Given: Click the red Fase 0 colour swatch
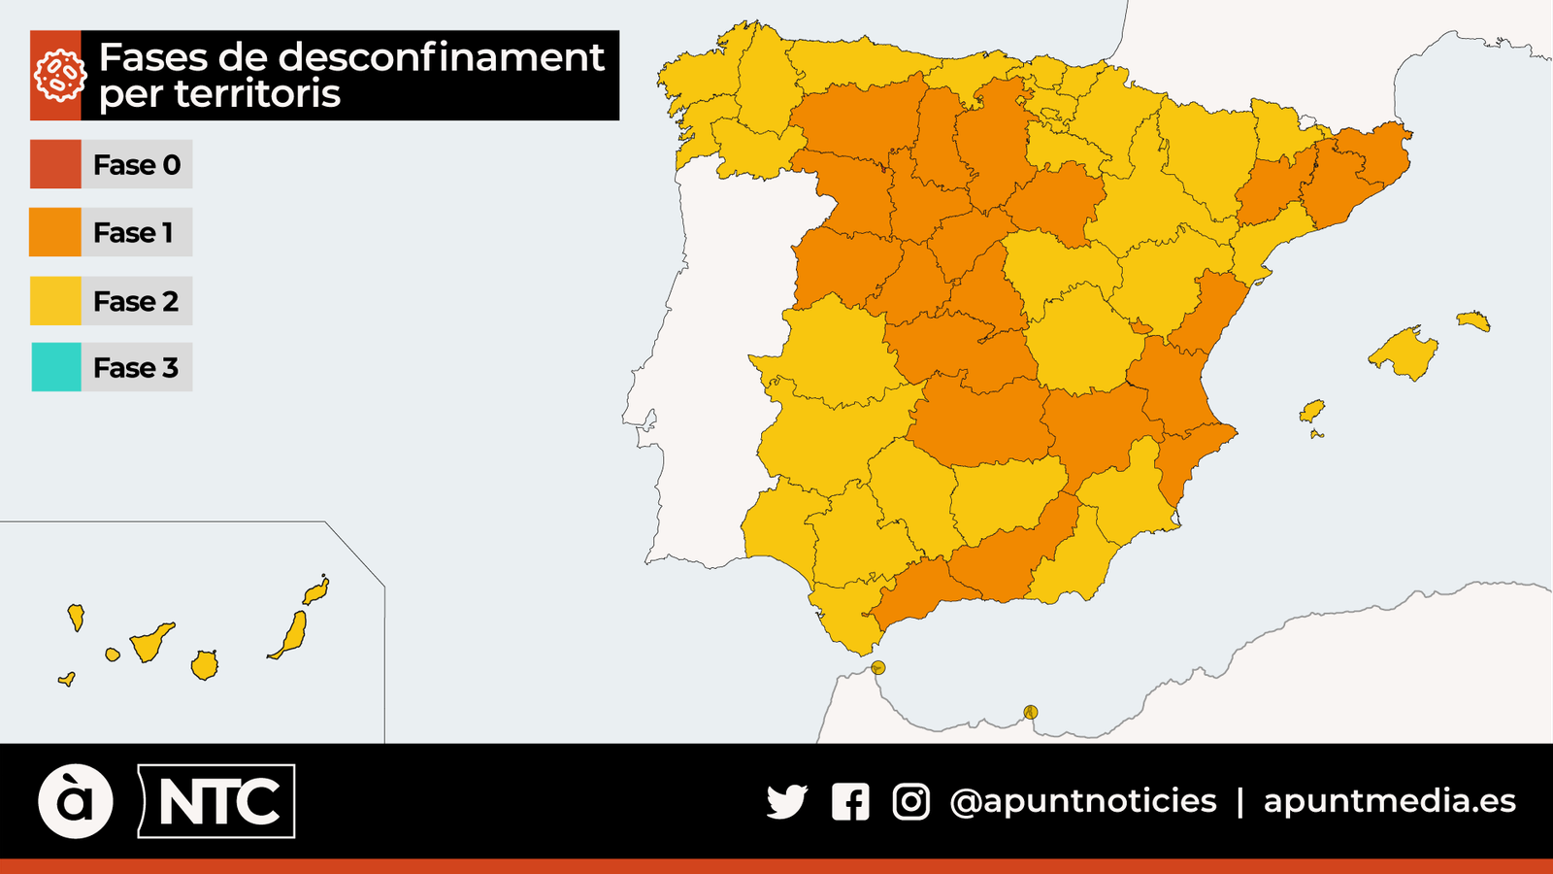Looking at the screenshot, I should [x=55, y=164].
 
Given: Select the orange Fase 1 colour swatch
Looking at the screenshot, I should [x=55, y=232].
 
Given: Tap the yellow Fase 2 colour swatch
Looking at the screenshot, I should [x=55, y=301].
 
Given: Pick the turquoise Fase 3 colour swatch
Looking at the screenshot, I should [x=55, y=367].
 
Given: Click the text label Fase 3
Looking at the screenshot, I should [x=136, y=368].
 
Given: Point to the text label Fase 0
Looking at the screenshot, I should [x=137, y=165].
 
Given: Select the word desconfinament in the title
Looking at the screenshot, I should [x=441, y=57].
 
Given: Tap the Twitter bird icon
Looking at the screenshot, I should [x=786, y=801].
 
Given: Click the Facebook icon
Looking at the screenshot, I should [x=850, y=802].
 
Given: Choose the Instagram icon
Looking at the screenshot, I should [x=910, y=801].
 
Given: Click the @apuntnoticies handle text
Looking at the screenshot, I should [x=1083, y=801].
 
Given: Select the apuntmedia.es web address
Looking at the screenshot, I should [x=1389, y=801].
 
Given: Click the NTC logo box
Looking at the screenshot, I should [x=217, y=801].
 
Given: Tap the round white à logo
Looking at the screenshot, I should [x=76, y=801].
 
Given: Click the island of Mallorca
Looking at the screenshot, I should [x=1404, y=353].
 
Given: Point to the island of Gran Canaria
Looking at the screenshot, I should [x=204, y=666].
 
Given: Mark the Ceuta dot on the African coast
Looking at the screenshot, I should [x=877, y=668].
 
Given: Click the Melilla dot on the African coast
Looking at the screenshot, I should [x=1031, y=713].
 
